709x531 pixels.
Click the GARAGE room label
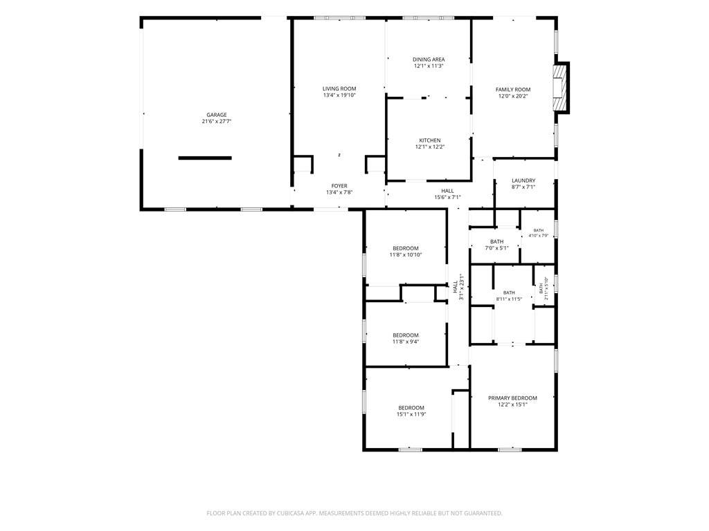pos(217,115)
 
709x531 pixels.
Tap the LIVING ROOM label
pos(339,89)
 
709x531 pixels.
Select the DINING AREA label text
pos(429,59)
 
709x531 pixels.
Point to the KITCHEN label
pos(429,140)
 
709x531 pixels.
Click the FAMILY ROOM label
pos(513,90)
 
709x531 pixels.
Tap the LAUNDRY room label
pos(523,180)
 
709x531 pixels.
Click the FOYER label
pos(339,186)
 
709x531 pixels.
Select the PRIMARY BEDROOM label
pos(512,398)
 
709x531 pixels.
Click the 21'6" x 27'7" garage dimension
pos(217,122)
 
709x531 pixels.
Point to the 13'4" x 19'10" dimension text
pos(339,95)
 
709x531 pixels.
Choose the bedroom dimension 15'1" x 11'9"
pos(411,415)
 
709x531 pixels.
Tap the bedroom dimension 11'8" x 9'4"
pos(406,342)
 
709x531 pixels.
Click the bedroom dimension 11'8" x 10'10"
pos(406,254)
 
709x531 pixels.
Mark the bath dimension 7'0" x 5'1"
pos(496,248)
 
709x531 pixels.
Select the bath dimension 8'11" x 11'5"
pos(509,299)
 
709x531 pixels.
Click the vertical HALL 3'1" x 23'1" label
pos(458,287)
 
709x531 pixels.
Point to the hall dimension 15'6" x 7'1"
pos(447,197)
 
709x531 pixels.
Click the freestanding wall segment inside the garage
pos(205,158)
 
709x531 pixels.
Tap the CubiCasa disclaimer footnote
pos(354,514)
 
